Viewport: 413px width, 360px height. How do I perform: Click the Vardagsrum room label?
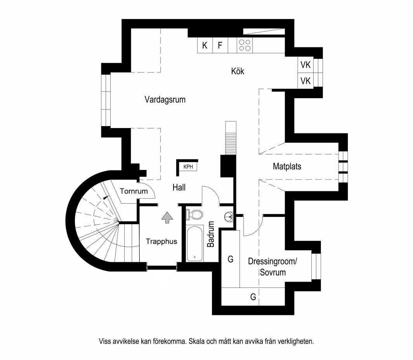coord(165,100)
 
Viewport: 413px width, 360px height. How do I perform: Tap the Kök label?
coord(238,71)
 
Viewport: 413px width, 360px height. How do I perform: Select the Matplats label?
coord(287,166)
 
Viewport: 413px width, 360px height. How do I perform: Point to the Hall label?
coord(179,187)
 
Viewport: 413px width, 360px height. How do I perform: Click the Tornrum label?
coord(134,191)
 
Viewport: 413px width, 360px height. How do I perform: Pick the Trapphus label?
coord(161,241)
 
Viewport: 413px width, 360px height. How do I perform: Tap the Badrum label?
coord(211,234)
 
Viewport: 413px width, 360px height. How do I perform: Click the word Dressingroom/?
coord(272,261)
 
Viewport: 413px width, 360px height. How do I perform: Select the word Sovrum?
coord(273,272)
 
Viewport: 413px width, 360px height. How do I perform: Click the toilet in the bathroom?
coord(194,215)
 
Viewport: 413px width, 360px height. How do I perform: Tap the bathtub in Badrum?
coord(194,243)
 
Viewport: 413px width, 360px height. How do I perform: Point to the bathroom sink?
coord(229,216)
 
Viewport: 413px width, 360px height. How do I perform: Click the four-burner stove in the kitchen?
coord(245,45)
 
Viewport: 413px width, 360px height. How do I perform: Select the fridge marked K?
coord(205,45)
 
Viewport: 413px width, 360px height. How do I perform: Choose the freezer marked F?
coord(220,45)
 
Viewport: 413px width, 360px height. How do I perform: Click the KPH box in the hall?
coord(188,166)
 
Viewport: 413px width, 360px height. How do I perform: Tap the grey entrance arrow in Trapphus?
coord(167,217)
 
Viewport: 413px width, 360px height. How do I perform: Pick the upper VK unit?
coord(305,65)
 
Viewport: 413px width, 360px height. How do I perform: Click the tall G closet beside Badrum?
coord(231,259)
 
